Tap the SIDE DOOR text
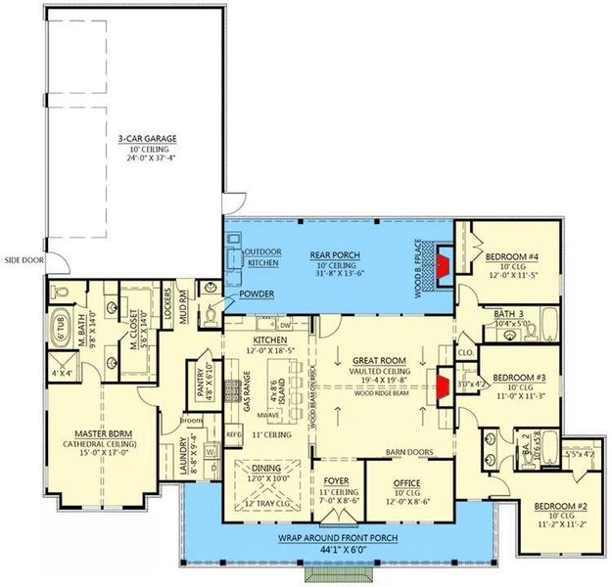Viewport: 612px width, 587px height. [x=23, y=261]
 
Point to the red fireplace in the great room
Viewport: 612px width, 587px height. [x=443, y=384]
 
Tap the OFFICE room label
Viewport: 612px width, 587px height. [x=406, y=483]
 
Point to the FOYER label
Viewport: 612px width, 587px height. [x=336, y=481]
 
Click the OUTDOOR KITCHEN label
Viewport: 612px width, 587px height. [x=261, y=257]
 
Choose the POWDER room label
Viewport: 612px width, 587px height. [x=255, y=293]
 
